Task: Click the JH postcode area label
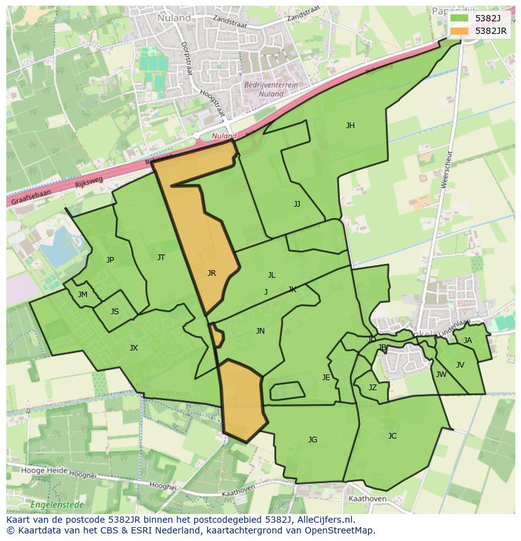click(x=350, y=126)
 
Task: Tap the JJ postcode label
click(x=297, y=204)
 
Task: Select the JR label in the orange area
click(x=212, y=273)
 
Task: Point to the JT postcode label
click(x=161, y=258)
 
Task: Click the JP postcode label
click(x=110, y=260)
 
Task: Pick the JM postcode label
click(x=82, y=295)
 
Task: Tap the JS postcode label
click(x=115, y=312)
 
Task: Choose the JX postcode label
click(x=133, y=348)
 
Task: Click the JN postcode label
click(x=260, y=331)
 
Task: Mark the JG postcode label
click(x=313, y=440)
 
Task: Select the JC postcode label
click(x=393, y=436)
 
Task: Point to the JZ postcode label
click(x=373, y=388)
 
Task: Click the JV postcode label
click(x=460, y=365)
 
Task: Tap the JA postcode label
click(x=468, y=341)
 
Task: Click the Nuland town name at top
click(x=174, y=18)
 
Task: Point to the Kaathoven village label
click(x=367, y=499)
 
